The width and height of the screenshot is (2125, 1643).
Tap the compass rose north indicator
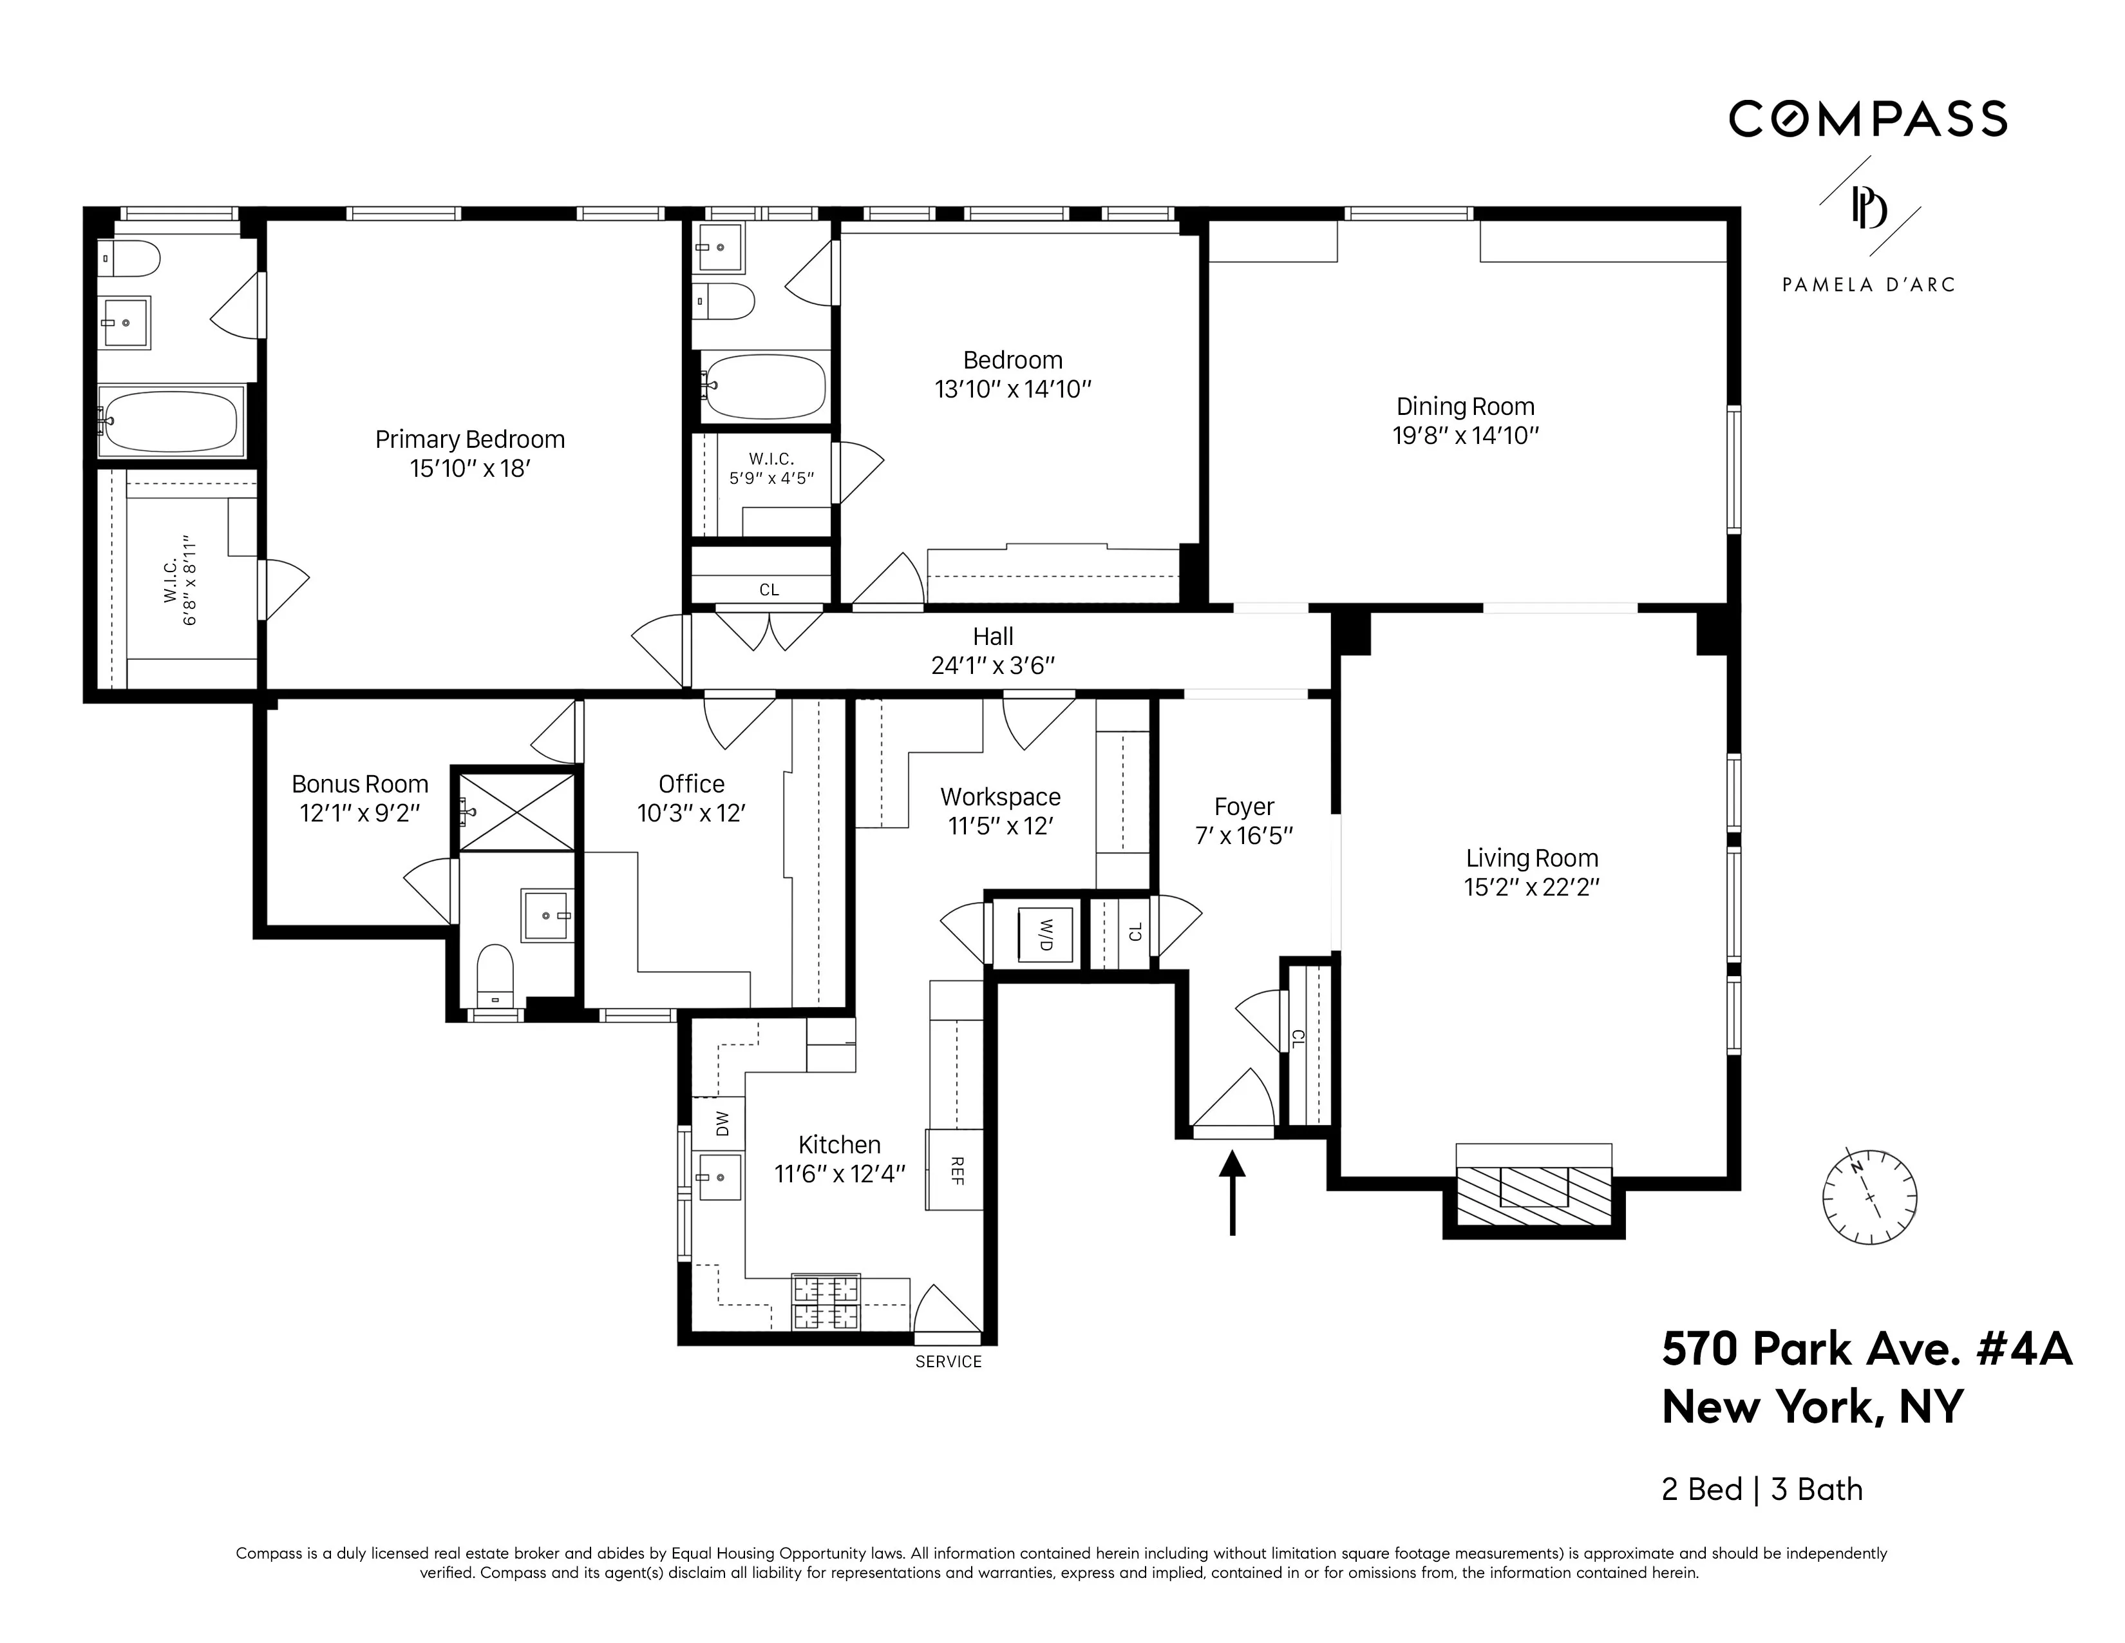pyautogui.click(x=1856, y=1166)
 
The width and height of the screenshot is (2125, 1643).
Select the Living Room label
pyautogui.click(x=1531, y=858)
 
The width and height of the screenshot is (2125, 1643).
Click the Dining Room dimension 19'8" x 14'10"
pyautogui.click(x=1466, y=435)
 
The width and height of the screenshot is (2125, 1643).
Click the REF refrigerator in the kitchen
pyautogui.click(x=956, y=1170)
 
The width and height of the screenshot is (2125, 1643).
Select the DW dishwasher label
pyautogui.click(x=721, y=1124)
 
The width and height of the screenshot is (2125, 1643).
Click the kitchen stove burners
pyautogui.click(x=826, y=1302)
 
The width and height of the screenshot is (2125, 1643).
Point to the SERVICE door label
pyautogui.click(x=948, y=1361)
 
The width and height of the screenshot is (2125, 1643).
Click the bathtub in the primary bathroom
pyautogui.click(x=171, y=421)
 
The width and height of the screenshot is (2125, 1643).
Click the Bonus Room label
pyautogui.click(x=360, y=783)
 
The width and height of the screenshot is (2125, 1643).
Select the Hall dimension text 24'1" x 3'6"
pyautogui.click(x=992, y=666)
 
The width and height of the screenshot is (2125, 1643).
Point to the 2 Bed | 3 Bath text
pyautogui.click(x=1761, y=1489)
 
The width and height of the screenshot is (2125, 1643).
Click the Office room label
pyautogui.click(x=691, y=783)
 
